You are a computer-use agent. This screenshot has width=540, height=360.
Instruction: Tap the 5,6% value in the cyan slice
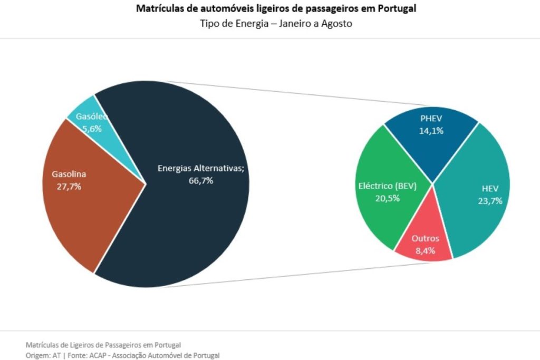pyautogui.click(x=91, y=128)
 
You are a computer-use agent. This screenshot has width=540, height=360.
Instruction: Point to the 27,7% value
pyautogui.click(x=69, y=186)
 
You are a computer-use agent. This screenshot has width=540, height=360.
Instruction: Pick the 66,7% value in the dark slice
pyautogui.click(x=201, y=181)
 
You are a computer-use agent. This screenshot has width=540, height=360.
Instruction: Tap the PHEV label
pyautogui.click(x=432, y=119)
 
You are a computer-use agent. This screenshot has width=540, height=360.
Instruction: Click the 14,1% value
pyautogui.click(x=432, y=131)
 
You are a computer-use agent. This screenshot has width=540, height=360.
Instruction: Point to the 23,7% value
pyautogui.click(x=489, y=201)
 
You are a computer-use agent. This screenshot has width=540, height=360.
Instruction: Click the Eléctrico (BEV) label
pyautogui.click(x=388, y=186)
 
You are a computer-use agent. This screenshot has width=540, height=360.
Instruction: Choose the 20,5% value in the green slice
pyautogui.click(x=387, y=198)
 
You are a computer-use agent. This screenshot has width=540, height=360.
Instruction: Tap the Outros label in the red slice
pyautogui.click(x=425, y=238)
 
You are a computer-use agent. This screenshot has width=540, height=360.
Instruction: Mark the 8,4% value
pyautogui.click(x=425, y=251)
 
